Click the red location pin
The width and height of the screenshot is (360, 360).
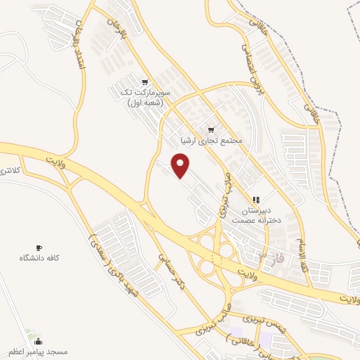[181, 166]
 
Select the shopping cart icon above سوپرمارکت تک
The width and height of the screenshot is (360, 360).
[144, 82]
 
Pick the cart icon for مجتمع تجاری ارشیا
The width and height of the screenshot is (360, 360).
[211, 130]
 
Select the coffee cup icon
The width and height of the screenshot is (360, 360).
[39, 247]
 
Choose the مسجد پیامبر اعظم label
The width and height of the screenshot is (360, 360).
[38, 351]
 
